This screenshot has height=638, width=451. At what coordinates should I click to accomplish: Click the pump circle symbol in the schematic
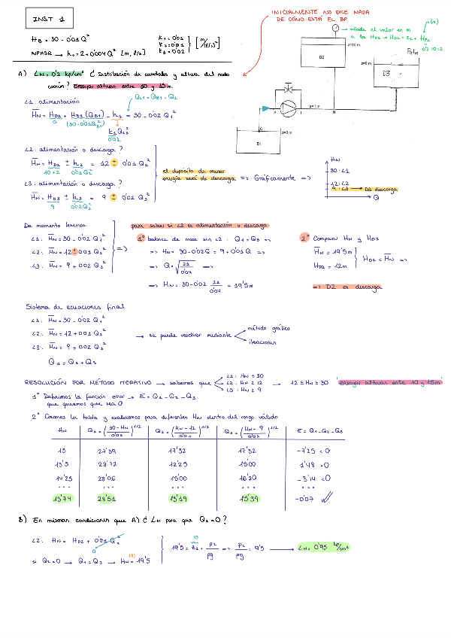coord(289,108)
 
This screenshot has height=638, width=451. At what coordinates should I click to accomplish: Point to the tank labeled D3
coord(387,74)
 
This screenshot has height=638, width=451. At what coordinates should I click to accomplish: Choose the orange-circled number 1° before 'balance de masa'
coord(141,238)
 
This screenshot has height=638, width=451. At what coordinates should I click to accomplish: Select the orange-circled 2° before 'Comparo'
coord(304,238)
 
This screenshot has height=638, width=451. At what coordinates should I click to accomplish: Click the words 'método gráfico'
coord(267,328)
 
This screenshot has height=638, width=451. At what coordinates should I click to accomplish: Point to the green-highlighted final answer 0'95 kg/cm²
coord(324,546)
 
